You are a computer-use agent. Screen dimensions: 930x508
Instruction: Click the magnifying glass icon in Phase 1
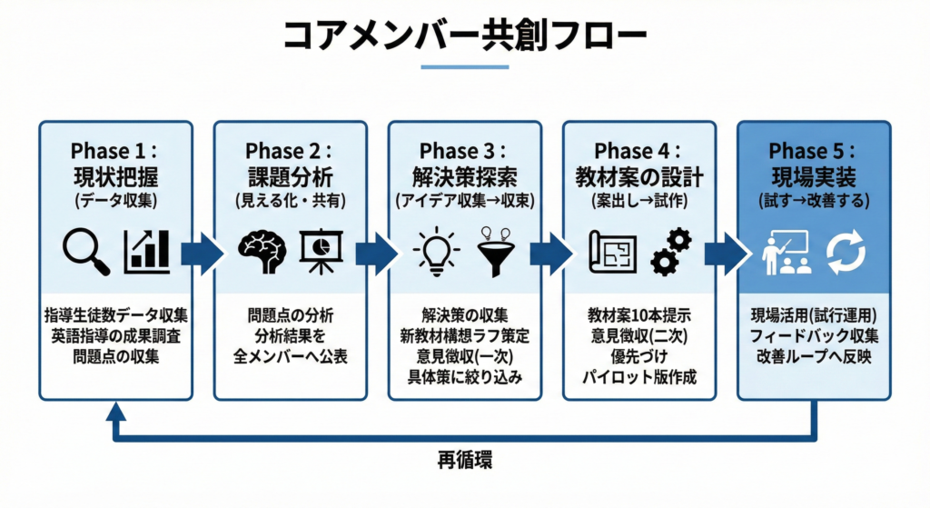[86, 253]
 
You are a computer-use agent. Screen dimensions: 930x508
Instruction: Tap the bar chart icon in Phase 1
[146, 253]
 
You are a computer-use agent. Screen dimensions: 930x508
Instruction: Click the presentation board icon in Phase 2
[321, 252]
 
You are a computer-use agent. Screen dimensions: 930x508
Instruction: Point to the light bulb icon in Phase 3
[437, 252]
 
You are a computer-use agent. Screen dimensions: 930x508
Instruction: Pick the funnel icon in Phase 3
[495, 253]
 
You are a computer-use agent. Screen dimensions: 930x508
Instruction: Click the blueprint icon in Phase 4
[613, 253]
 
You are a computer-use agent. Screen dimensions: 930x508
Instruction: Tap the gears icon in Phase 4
[671, 253]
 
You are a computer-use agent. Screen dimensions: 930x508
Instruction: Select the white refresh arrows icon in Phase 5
[846, 253]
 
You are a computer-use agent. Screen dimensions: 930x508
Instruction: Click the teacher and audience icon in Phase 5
[786, 253]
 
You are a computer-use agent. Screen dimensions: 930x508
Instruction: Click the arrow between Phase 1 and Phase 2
[203, 254]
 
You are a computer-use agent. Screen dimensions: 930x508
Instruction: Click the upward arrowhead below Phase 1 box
[115, 411]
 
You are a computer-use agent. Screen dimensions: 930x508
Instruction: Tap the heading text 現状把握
[116, 177]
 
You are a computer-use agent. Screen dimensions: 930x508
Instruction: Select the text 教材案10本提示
[639, 315]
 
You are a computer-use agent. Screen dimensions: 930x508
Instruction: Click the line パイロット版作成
[639, 377]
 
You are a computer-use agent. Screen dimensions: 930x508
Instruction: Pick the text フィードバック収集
[814, 336]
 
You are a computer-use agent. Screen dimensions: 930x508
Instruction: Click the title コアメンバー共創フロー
[465, 35]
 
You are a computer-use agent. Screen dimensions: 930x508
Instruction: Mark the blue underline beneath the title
[465, 67]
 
